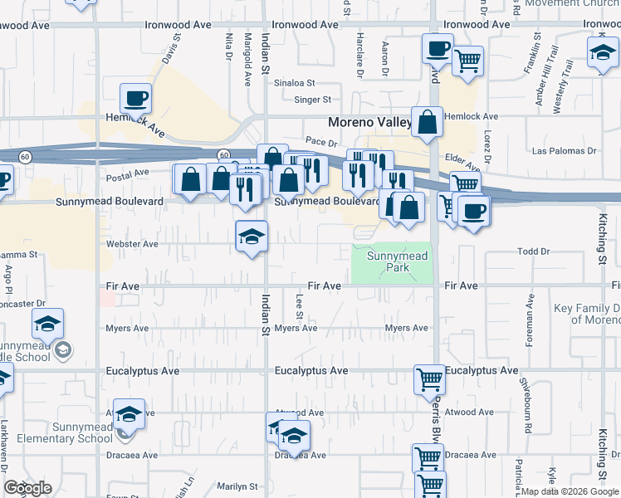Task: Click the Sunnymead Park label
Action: [398, 262]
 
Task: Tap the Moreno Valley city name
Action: [369, 122]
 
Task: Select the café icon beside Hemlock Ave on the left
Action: [135, 100]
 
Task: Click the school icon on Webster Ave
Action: [252, 237]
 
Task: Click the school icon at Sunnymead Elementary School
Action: [130, 413]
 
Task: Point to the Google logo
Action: [27, 488]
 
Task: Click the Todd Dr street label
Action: [533, 251]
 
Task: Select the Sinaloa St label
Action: [296, 83]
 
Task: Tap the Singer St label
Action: [312, 100]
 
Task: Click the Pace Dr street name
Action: [319, 143]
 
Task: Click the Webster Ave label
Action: [132, 244]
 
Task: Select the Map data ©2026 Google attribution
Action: [570, 491]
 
